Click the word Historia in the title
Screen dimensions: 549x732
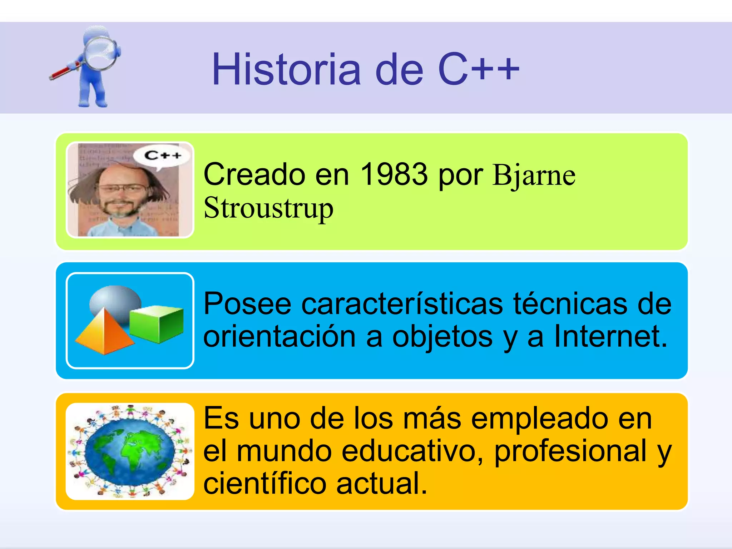(x=286, y=70)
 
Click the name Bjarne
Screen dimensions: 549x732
(x=534, y=175)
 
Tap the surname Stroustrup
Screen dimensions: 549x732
(x=268, y=208)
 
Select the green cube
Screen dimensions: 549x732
(x=157, y=323)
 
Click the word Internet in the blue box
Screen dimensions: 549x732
(x=610, y=336)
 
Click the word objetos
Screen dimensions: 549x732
(x=442, y=337)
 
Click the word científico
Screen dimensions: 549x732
(x=265, y=484)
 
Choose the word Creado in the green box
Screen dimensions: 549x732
(x=254, y=174)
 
